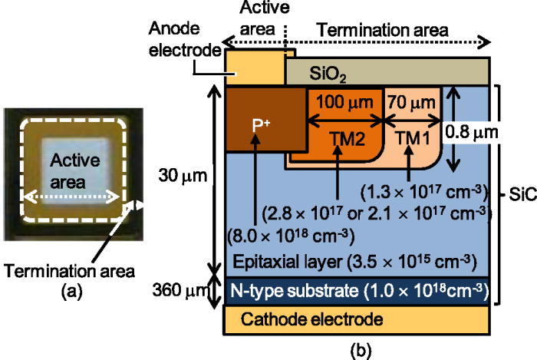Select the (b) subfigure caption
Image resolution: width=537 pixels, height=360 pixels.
coord(360,351)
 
